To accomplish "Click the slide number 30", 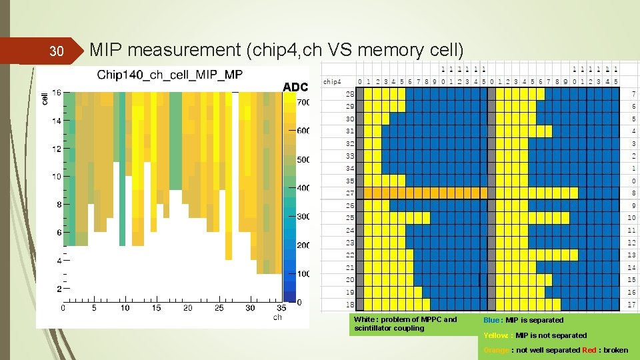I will (57, 51).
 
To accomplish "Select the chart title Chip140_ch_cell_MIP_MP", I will (170, 74).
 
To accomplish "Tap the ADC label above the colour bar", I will (295, 87).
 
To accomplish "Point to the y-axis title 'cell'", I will (45, 98).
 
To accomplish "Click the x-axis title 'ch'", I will (277, 317).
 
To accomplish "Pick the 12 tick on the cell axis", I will (57, 149).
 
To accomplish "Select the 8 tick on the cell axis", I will (59, 205).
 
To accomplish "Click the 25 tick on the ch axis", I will (219, 308).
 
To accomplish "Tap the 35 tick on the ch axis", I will (281, 308).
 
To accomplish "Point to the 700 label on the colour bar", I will (303, 103).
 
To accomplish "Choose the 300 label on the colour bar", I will (303, 217).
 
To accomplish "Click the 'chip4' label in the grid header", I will (333, 81).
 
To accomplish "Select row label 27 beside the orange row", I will (350, 193).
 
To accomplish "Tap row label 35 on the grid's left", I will (350, 181).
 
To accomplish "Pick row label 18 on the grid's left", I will (350, 305).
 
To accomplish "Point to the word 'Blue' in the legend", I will (491, 320).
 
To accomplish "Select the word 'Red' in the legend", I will (589, 350).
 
